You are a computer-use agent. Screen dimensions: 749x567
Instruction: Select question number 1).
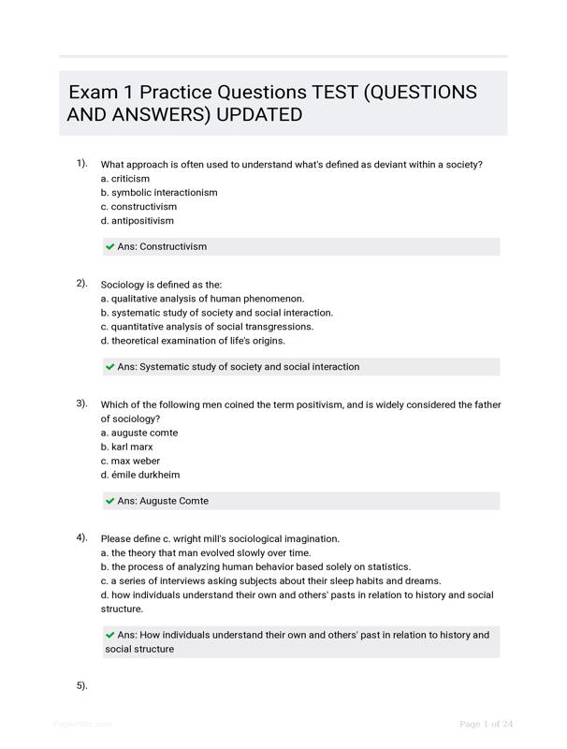(x=82, y=163)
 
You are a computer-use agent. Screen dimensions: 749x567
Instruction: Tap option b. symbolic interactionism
(x=159, y=193)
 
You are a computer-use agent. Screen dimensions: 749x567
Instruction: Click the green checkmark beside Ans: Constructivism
(x=110, y=247)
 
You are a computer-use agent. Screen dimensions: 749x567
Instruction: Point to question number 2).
(x=82, y=283)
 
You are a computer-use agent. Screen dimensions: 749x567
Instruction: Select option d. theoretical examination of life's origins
(x=193, y=341)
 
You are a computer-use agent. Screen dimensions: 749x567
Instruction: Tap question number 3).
(x=82, y=404)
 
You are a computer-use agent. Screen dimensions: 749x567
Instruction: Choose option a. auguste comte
(x=138, y=433)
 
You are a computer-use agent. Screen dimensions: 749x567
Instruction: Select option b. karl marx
(x=126, y=447)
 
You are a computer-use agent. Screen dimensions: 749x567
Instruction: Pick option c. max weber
(x=126, y=461)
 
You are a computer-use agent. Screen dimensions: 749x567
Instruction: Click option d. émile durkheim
(x=140, y=475)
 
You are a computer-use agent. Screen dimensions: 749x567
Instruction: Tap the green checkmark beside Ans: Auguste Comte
(x=110, y=501)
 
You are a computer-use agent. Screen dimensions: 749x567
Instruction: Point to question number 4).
(x=82, y=537)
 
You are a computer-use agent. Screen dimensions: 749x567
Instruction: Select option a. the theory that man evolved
(x=193, y=553)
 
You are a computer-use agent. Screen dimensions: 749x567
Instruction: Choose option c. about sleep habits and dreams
(x=270, y=581)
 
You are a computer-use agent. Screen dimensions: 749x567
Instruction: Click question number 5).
(x=82, y=686)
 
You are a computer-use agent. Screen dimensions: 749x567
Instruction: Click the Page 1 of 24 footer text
(x=487, y=724)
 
